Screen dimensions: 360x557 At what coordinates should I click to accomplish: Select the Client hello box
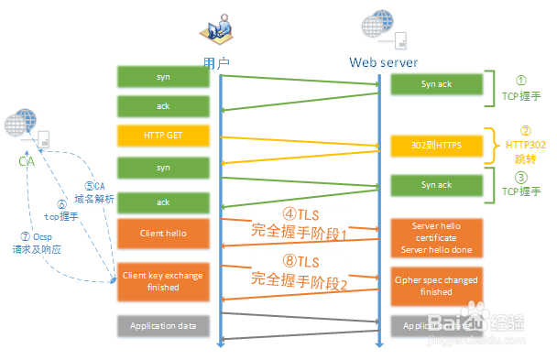pyautogui.click(x=163, y=233)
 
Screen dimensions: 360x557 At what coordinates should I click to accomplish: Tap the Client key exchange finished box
pyautogui.click(x=163, y=281)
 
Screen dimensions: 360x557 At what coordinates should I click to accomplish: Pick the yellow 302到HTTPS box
pyautogui.click(x=436, y=146)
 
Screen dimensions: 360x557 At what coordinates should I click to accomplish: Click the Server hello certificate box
pyautogui.click(x=436, y=237)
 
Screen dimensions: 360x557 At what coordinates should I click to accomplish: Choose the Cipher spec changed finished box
pyautogui.click(x=436, y=286)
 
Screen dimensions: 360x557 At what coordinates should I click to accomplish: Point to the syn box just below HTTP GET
pyautogui.click(x=163, y=169)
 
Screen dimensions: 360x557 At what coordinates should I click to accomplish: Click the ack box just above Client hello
pyautogui.click(x=163, y=202)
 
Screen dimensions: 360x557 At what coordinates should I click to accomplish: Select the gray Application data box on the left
pyautogui.click(x=163, y=325)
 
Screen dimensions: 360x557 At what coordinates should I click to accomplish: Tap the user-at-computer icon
pyautogui.click(x=215, y=32)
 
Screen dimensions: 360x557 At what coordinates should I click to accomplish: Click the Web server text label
pyautogui.click(x=383, y=63)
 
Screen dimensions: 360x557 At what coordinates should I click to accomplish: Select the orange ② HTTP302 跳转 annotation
pyautogui.click(x=525, y=145)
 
